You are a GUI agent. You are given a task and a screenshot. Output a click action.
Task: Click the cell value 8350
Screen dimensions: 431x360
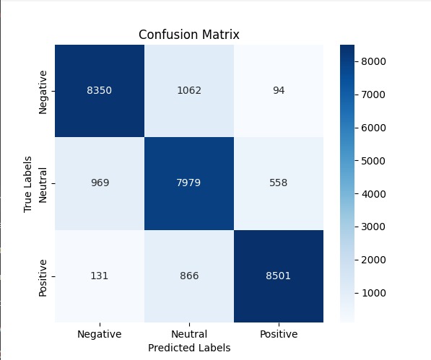click(x=99, y=90)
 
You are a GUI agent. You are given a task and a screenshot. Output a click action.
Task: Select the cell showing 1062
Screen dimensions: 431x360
click(x=189, y=90)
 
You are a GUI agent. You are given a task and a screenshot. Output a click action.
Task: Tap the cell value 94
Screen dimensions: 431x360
click(x=279, y=90)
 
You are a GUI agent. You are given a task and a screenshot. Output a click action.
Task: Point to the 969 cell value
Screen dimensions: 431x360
click(x=100, y=183)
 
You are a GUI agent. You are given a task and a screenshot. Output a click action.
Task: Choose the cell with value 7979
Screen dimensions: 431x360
click(x=188, y=183)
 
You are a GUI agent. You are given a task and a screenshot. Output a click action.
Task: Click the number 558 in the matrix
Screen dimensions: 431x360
click(x=279, y=183)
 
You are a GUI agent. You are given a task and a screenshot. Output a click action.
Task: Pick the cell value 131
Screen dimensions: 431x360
click(x=99, y=276)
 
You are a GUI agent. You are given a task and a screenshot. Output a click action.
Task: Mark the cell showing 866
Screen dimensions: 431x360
click(x=189, y=276)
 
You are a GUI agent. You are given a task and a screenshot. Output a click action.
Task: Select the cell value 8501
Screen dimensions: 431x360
click(x=278, y=276)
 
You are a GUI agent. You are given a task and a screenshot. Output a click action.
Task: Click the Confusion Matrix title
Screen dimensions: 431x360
click(x=189, y=35)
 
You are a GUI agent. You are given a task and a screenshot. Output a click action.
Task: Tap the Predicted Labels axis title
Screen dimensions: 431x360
click(x=189, y=348)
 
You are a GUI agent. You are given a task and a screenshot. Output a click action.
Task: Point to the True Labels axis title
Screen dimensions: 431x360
click(x=27, y=184)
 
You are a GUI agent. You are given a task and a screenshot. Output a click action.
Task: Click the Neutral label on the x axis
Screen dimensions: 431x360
click(x=189, y=334)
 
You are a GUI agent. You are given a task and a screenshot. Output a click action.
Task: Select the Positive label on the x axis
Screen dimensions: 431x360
click(x=279, y=334)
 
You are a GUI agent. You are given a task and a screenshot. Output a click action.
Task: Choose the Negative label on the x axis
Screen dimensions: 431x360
click(x=99, y=335)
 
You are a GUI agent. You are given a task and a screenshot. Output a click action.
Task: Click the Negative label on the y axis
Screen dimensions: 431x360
click(x=43, y=92)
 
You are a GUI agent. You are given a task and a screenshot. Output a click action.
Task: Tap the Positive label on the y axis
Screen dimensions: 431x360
click(x=43, y=278)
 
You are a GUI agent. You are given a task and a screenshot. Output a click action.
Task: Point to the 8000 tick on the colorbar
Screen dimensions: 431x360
click(x=373, y=61)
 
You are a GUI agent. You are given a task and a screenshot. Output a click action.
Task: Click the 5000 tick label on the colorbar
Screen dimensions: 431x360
click(x=373, y=161)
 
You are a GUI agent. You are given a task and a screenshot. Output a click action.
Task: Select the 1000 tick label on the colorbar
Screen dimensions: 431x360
click(x=373, y=293)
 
